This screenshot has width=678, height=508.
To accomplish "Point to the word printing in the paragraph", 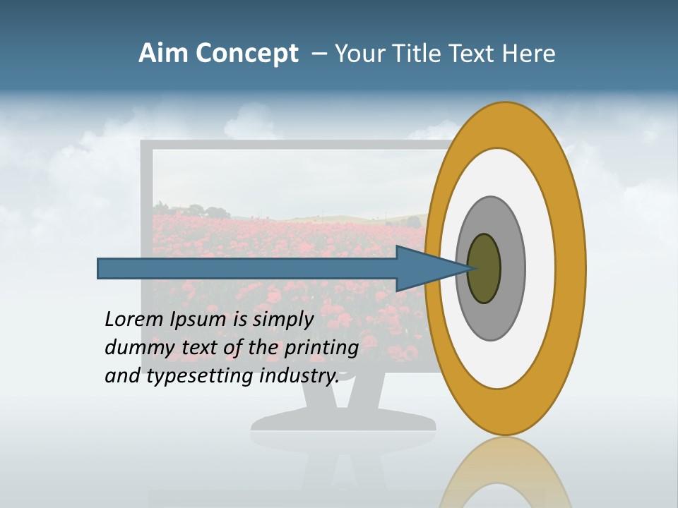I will click(321, 349).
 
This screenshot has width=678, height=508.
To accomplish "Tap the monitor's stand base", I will click(343, 421).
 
